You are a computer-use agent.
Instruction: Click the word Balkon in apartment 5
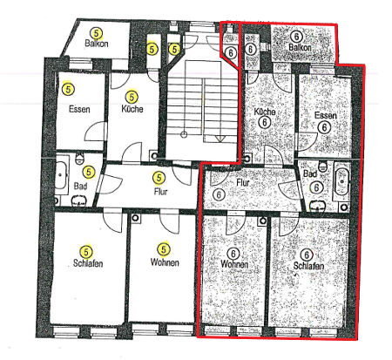96,42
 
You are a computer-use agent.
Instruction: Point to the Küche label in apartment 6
265,113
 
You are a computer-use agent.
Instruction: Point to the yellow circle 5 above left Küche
132,96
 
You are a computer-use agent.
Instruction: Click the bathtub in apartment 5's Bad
63,178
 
